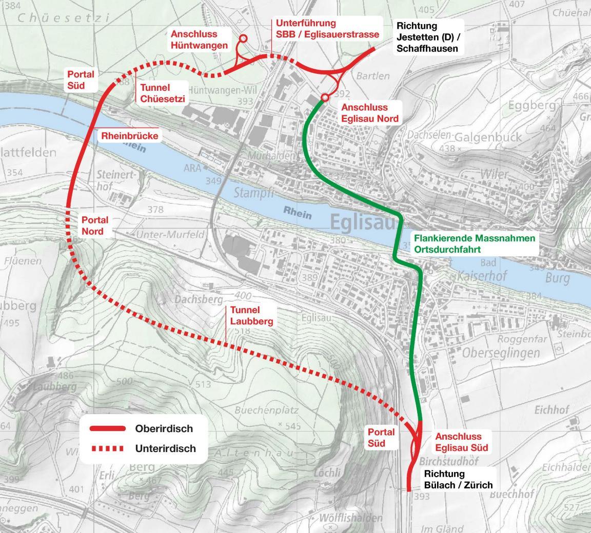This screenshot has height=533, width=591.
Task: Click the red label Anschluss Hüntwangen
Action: point(199,39)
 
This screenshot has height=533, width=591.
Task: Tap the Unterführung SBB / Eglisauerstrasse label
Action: point(327,29)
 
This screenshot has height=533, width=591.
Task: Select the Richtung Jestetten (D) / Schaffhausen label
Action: point(427,37)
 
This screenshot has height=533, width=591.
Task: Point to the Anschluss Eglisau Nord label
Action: point(369,113)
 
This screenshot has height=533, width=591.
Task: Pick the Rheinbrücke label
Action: point(130,136)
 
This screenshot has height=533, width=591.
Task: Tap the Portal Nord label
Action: point(95,225)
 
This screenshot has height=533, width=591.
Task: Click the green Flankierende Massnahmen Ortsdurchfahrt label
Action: point(474,244)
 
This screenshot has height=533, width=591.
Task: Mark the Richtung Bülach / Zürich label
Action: point(458,479)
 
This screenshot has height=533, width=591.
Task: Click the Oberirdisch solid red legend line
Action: point(107,428)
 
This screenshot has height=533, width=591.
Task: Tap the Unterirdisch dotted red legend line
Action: point(107,449)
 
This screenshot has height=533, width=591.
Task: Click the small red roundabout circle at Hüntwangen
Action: point(243,38)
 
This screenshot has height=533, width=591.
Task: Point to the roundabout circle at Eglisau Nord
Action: point(325,97)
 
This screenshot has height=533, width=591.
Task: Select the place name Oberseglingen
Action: point(501,353)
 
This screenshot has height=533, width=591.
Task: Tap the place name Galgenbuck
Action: point(488,137)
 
